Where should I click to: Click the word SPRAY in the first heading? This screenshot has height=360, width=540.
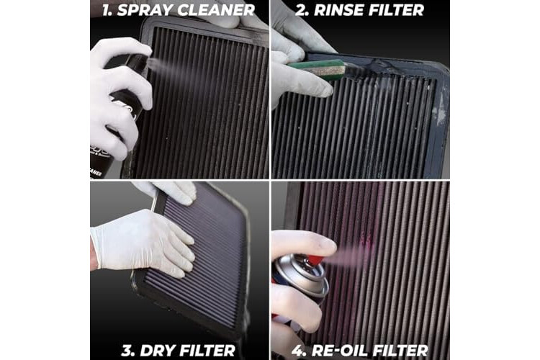point(145,10)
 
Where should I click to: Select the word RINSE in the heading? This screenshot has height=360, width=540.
point(339,10)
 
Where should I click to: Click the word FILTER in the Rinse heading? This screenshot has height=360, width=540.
point(396,10)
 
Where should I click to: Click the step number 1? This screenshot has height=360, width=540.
point(107,10)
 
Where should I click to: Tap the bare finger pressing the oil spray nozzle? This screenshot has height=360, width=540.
point(303,243)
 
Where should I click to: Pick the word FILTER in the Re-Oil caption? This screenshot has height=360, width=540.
point(400,351)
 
